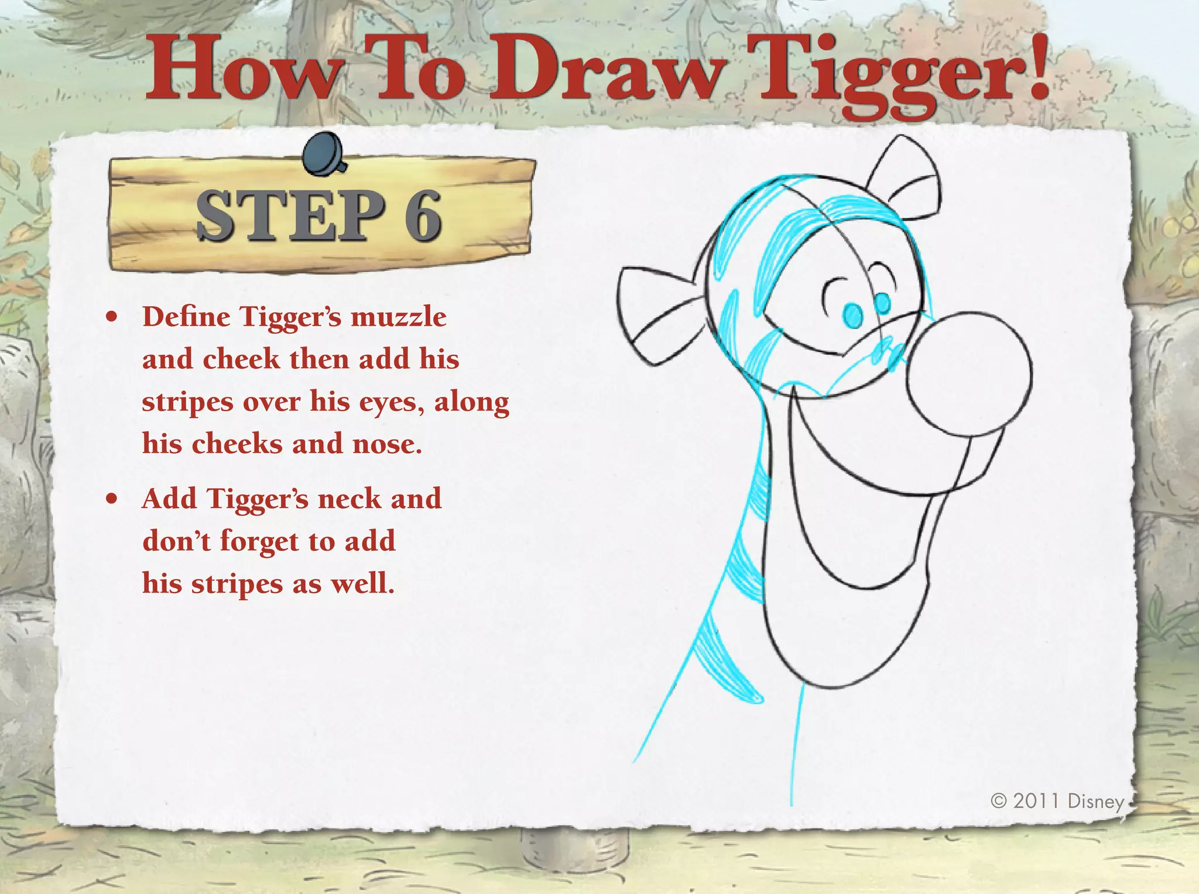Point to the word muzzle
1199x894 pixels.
tap(398, 317)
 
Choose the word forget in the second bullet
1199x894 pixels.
tap(259, 542)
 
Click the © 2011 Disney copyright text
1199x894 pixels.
tap(1057, 800)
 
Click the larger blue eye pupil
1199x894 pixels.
tap(853, 316)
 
